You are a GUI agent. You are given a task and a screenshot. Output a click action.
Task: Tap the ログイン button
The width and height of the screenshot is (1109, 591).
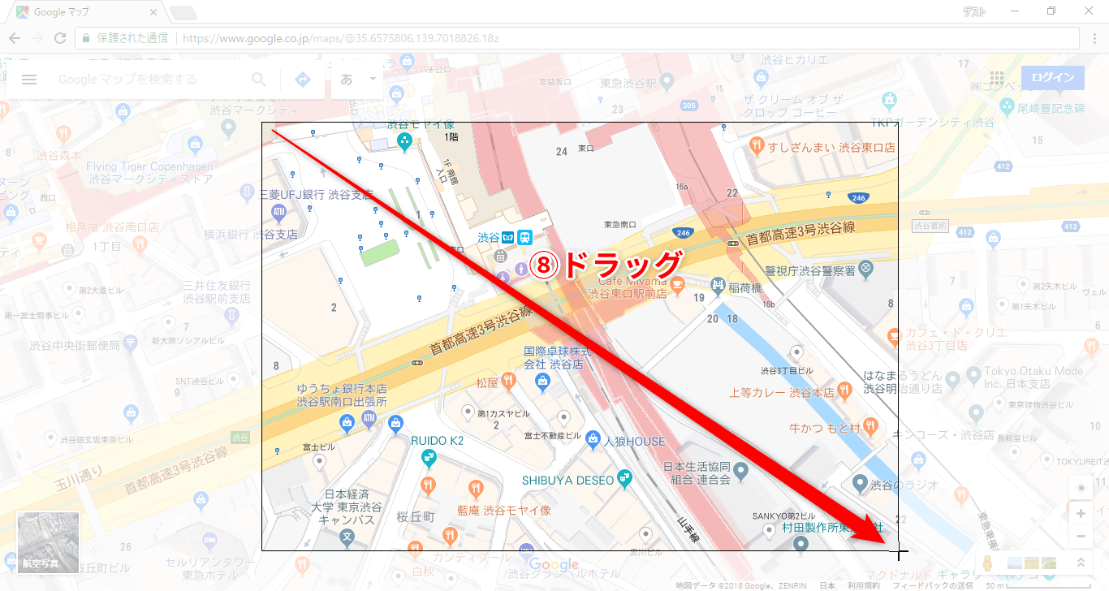pyautogui.click(x=1052, y=79)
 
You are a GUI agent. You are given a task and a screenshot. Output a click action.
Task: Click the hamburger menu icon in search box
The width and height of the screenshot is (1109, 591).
pyautogui.click(x=29, y=80)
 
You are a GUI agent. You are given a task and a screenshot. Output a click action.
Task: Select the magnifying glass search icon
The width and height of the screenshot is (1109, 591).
pyautogui.click(x=259, y=80)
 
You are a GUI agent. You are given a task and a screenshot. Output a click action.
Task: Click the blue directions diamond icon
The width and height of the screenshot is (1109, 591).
pyautogui.click(x=303, y=80)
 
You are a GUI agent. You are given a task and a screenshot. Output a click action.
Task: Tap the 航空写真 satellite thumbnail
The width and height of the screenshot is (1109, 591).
pyautogui.click(x=48, y=542)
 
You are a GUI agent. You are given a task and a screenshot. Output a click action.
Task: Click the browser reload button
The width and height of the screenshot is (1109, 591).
pyautogui.click(x=59, y=38)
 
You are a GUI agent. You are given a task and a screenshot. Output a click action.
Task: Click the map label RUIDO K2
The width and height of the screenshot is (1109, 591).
pyautogui.click(x=437, y=441)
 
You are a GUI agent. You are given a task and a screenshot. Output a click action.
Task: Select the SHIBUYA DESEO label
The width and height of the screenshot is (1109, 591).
pyautogui.click(x=567, y=480)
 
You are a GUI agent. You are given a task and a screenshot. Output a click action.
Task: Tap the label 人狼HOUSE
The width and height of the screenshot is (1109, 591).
pyautogui.click(x=634, y=442)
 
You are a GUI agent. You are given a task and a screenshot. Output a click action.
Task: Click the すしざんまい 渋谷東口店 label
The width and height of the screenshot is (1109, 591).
pyautogui.click(x=832, y=148)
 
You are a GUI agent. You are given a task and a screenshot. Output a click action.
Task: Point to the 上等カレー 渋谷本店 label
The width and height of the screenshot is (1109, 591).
pyautogui.click(x=781, y=392)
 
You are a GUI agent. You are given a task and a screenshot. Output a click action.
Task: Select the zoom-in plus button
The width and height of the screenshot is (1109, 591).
pyautogui.click(x=1081, y=514)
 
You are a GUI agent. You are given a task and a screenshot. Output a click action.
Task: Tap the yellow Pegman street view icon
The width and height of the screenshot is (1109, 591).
pyautogui.click(x=988, y=563)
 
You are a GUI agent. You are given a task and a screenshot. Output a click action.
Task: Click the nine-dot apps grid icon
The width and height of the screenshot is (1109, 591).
pyautogui.click(x=997, y=79)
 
